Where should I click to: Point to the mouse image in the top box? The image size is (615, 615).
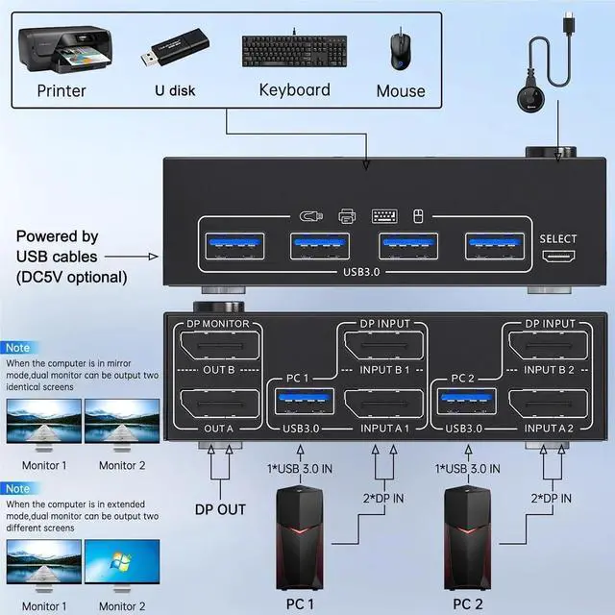coord(398,50)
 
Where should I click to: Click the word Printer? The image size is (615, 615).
coord(61,91)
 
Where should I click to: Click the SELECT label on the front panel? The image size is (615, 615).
coord(558,239)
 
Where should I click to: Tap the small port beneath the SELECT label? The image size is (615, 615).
coord(558,259)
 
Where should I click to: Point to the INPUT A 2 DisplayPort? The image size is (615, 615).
coord(546,405)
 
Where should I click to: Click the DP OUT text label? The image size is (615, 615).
coord(219,509)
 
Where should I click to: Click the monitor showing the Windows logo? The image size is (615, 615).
coord(122,567)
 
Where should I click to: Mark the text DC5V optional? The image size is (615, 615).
coord(71,277)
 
